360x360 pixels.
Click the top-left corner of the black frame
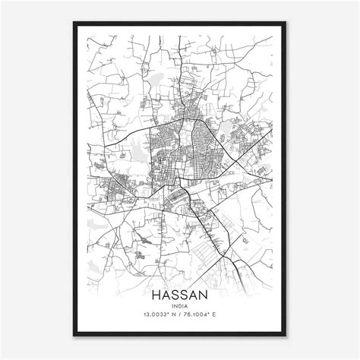pyautogui.click(x=73, y=23)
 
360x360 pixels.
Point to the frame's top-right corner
pyautogui.click(x=288, y=23)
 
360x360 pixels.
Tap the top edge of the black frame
pyautogui.click(x=181, y=23)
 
